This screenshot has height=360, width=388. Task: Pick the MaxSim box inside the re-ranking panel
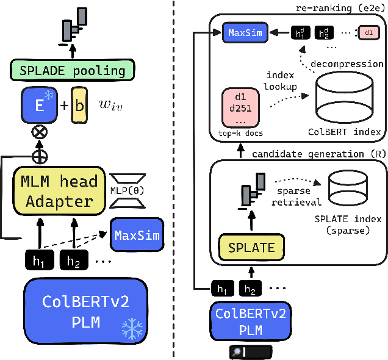click(x=245, y=32)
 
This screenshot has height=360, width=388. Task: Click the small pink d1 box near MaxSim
click(x=368, y=32)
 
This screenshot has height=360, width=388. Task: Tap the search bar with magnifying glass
click(x=250, y=351)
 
